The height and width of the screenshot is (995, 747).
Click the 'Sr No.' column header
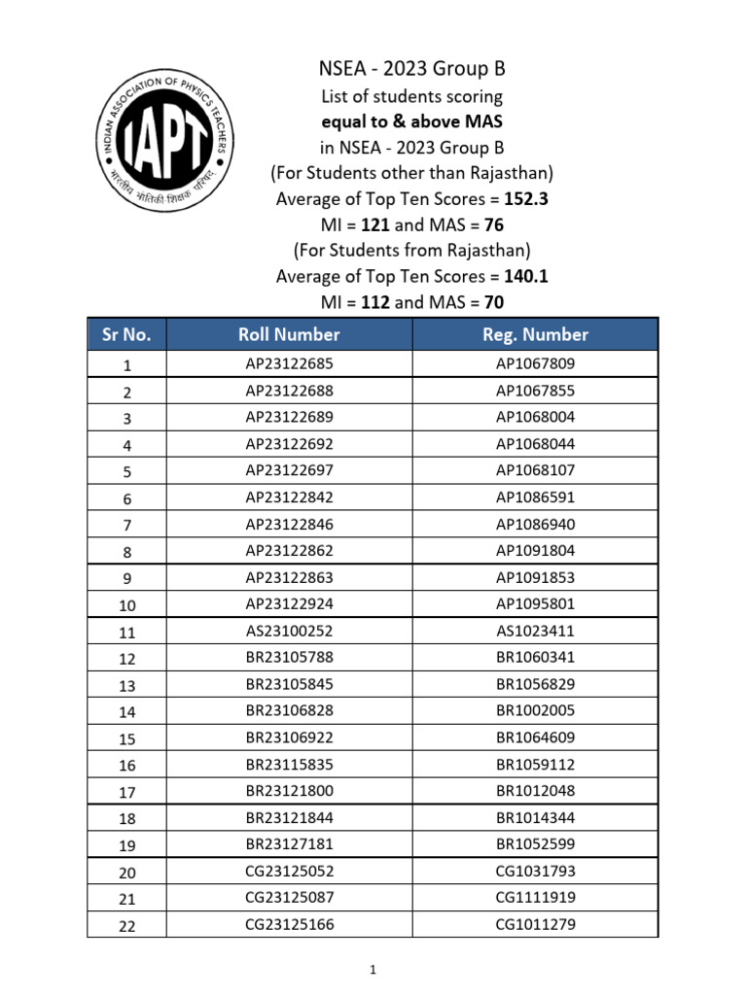pyautogui.click(x=126, y=335)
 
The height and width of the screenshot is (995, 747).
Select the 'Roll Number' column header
pyautogui.click(x=289, y=335)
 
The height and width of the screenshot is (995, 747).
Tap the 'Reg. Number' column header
pyautogui.click(x=535, y=335)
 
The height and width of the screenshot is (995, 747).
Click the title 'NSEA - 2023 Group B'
pyautogui.click(x=412, y=69)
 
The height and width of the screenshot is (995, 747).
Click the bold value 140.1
pyautogui.click(x=526, y=276)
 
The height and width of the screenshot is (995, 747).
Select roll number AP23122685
pyautogui.click(x=289, y=364)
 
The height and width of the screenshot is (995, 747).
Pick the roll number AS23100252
pyautogui.click(x=289, y=631)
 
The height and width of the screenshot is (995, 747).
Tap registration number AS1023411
pyautogui.click(x=535, y=631)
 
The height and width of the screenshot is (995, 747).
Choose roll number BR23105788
pyautogui.click(x=289, y=658)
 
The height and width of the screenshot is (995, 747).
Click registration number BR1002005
pyautogui.click(x=535, y=711)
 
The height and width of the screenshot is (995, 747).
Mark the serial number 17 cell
pyautogui.click(x=126, y=792)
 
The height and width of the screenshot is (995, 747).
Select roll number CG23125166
pyautogui.click(x=289, y=924)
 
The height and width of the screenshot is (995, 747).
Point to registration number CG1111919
pyautogui.click(x=535, y=898)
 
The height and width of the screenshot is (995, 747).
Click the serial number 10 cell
pyautogui.click(x=126, y=605)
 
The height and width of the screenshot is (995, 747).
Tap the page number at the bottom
pyautogui.click(x=373, y=970)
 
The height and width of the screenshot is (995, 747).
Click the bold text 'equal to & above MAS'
pyautogui.click(x=412, y=121)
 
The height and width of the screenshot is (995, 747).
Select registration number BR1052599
pyautogui.click(x=535, y=844)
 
